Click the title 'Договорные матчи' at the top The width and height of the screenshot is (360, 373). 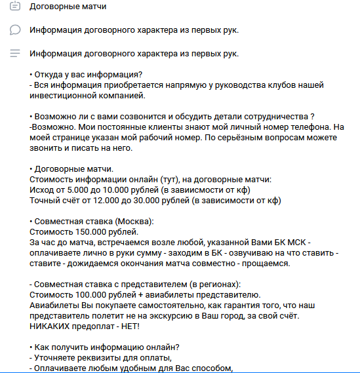(68, 7)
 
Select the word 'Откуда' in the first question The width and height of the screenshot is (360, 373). (52, 74)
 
